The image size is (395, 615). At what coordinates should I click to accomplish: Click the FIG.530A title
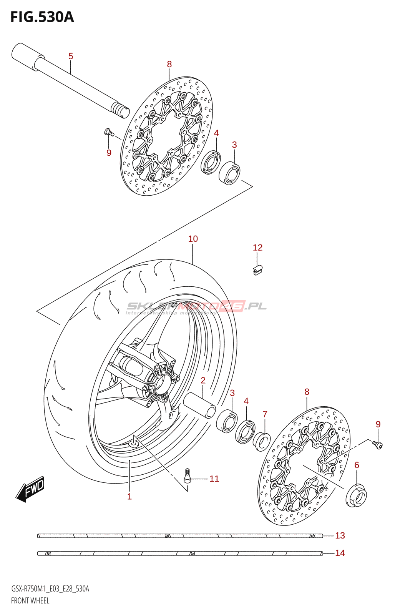[x=42, y=17]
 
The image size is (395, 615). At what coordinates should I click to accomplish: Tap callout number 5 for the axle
[x=71, y=56]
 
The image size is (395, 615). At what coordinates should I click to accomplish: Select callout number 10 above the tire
[x=193, y=239]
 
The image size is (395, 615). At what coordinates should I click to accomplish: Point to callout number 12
[x=257, y=248]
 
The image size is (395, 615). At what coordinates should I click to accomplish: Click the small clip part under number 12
[x=258, y=269]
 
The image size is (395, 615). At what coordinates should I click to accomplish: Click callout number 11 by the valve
[x=214, y=479]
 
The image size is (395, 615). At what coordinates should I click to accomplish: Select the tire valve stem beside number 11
[x=187, y=475]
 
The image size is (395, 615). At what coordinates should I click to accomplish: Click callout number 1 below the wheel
[x=129, y=496]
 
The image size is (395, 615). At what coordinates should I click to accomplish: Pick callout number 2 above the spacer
[x=203, y=380]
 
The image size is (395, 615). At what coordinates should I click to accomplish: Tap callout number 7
[x=265, y=414]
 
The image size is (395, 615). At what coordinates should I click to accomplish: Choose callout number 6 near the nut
[x=357, y=465]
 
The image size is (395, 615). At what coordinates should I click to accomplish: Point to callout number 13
[x=340, y=535]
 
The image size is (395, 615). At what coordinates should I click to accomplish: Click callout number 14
[x=340, y=553]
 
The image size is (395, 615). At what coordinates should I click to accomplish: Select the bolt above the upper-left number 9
[x=109, y=133]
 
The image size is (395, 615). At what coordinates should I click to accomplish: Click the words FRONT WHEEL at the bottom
[x=30, y=600]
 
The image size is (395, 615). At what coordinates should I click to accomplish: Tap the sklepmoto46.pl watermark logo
[x=196, y=307]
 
